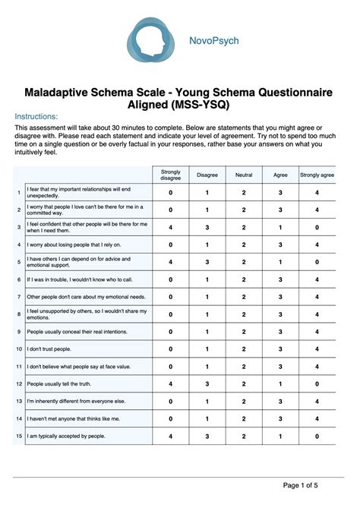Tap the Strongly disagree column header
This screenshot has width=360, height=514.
point(171,175)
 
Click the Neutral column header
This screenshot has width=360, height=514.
point(244,175)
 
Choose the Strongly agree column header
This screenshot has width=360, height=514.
point(317,175)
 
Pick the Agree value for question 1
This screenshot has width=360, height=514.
point(280,193)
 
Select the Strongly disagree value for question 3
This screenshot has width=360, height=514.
point(171,227)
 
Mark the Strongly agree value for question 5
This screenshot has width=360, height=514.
point(317,262)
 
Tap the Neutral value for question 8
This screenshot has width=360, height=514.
point(244,314)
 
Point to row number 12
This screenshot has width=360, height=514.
point(19,383)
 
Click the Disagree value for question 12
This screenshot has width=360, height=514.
point(207,383)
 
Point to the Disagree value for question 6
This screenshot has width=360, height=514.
point(207,279)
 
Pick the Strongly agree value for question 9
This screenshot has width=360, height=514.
point(317,331)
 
